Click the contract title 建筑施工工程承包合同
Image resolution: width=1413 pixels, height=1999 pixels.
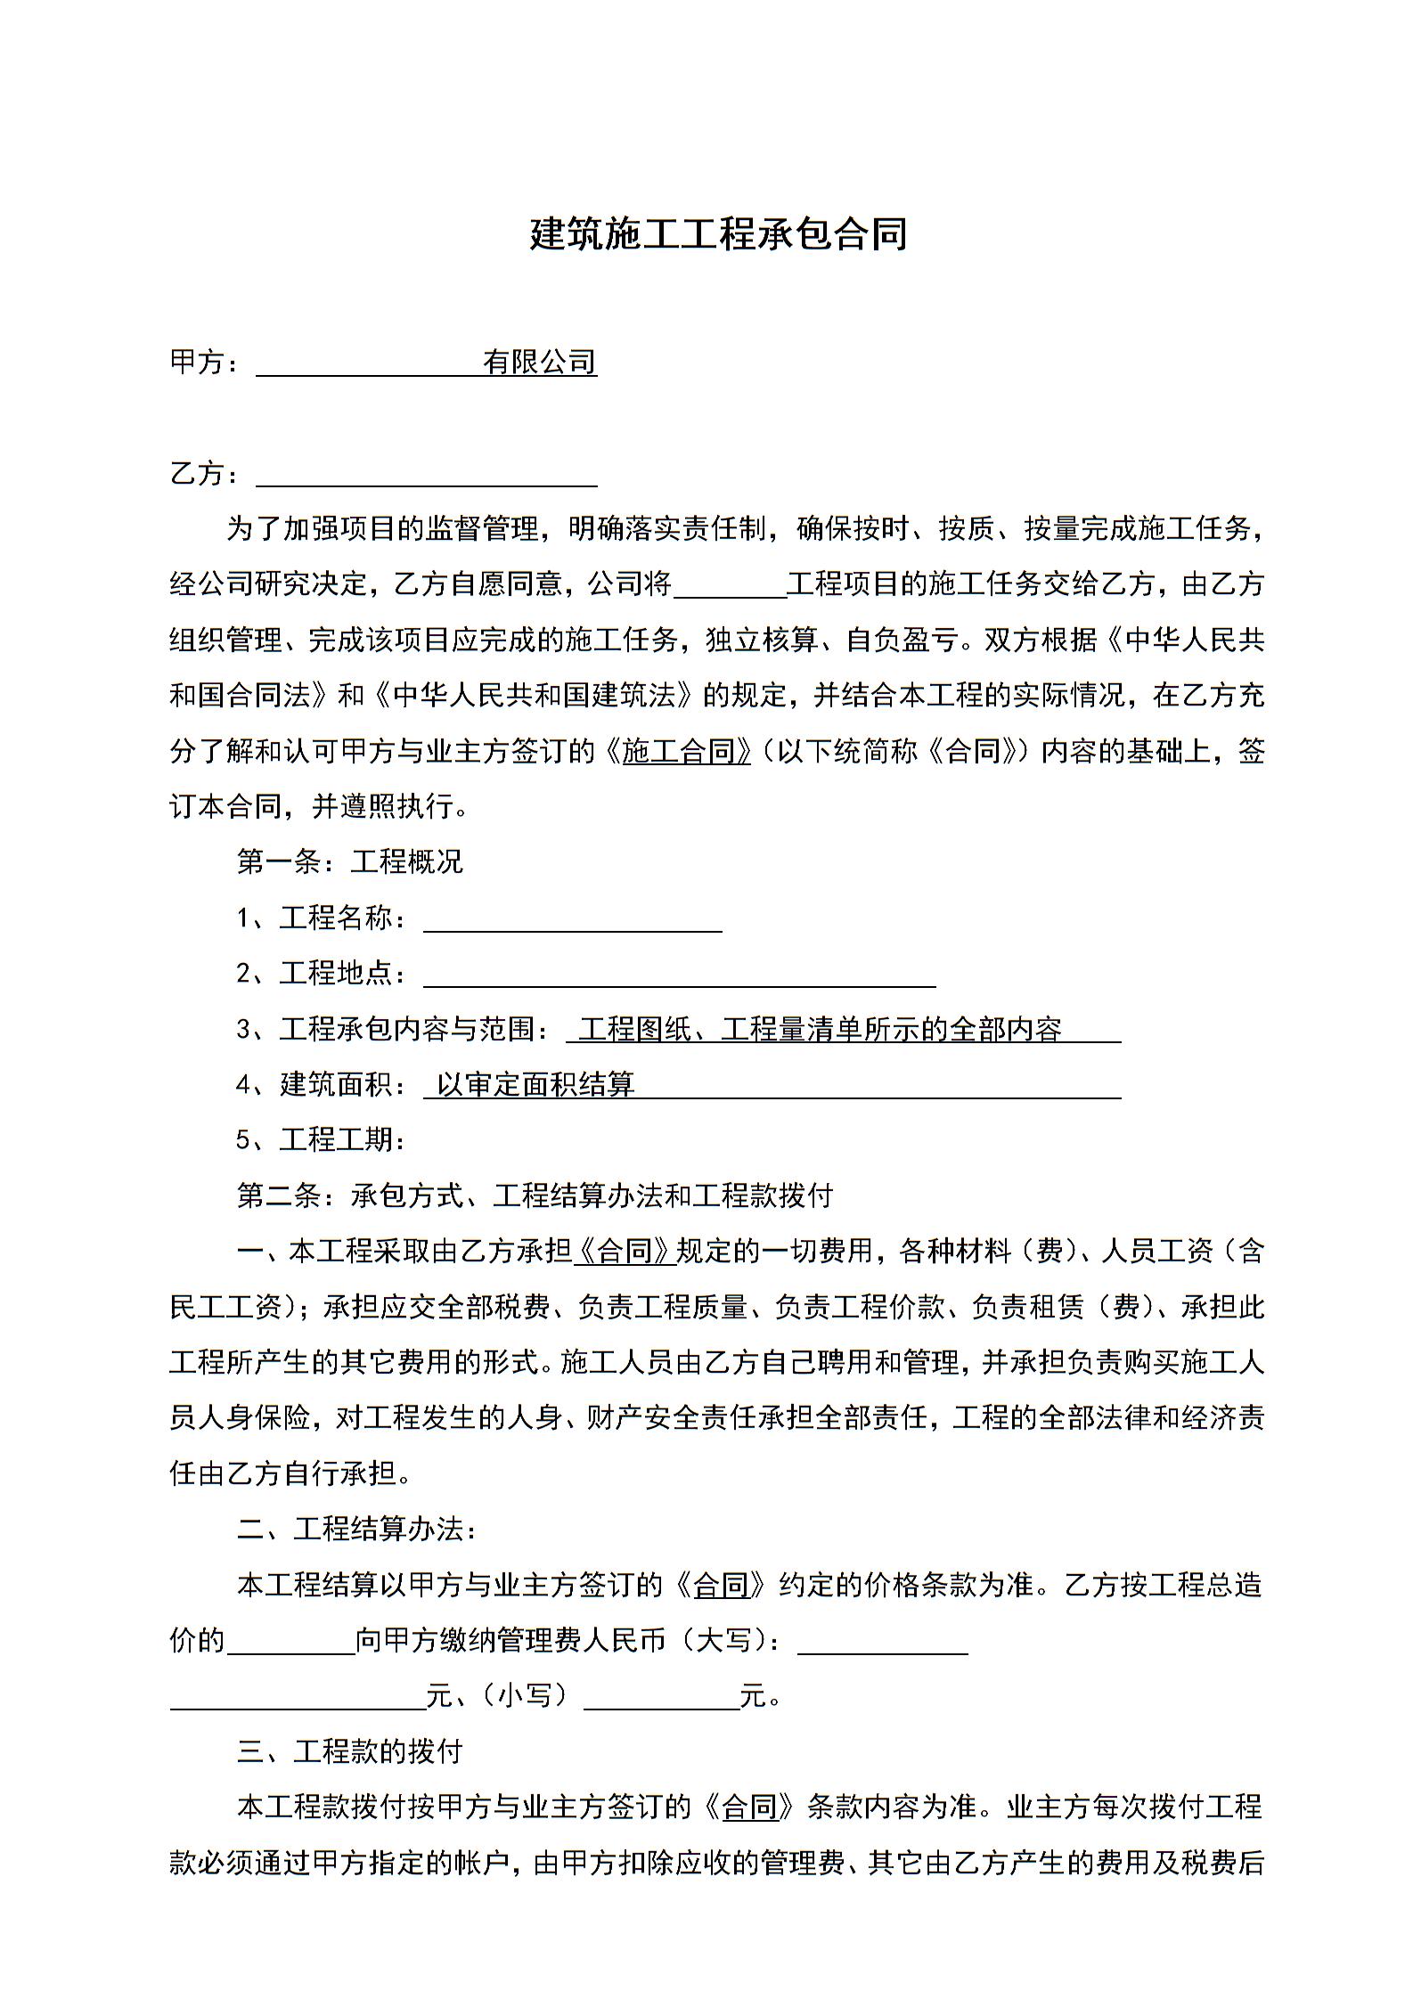(718, 234)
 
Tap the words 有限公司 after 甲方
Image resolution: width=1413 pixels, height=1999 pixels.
(539, 362)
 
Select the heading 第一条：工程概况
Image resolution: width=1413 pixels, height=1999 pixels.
(349, 861)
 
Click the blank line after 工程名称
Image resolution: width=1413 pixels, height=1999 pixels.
(572, 921)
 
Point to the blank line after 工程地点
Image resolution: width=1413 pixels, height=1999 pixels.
(679, 976)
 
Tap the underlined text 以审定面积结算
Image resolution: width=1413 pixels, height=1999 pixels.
(535, 1084)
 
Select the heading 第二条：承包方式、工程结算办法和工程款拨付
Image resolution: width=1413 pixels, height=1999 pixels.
(535, 1195)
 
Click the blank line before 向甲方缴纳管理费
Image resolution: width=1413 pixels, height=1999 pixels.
(291, 1641)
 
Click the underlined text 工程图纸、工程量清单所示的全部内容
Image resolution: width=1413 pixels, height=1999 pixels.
(820, 1029)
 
